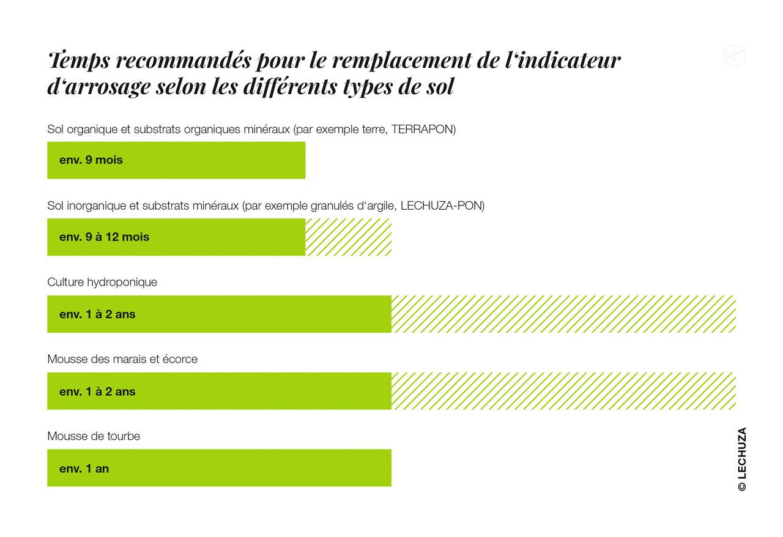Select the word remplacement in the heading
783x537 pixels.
[388, 61]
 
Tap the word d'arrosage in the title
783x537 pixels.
[98, 87]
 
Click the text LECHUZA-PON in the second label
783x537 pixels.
[442, 206]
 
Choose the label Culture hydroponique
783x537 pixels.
[102, 283]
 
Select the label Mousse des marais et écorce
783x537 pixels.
[122, 360]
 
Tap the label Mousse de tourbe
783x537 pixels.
[94, 436]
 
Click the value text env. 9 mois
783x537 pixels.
[91, 160]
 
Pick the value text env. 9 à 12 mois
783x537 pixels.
[104, 237]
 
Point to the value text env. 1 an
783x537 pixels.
[84, 469]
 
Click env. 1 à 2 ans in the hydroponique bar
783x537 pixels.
[97, 314]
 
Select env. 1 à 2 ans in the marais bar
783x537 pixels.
[97, 391]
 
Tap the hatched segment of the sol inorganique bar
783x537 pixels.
[348, 237]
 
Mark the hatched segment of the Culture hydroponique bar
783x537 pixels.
[563, 314]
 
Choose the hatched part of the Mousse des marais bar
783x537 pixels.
[563, 391]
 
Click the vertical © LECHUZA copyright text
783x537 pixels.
[741, 459]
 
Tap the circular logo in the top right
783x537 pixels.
[735, 55]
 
